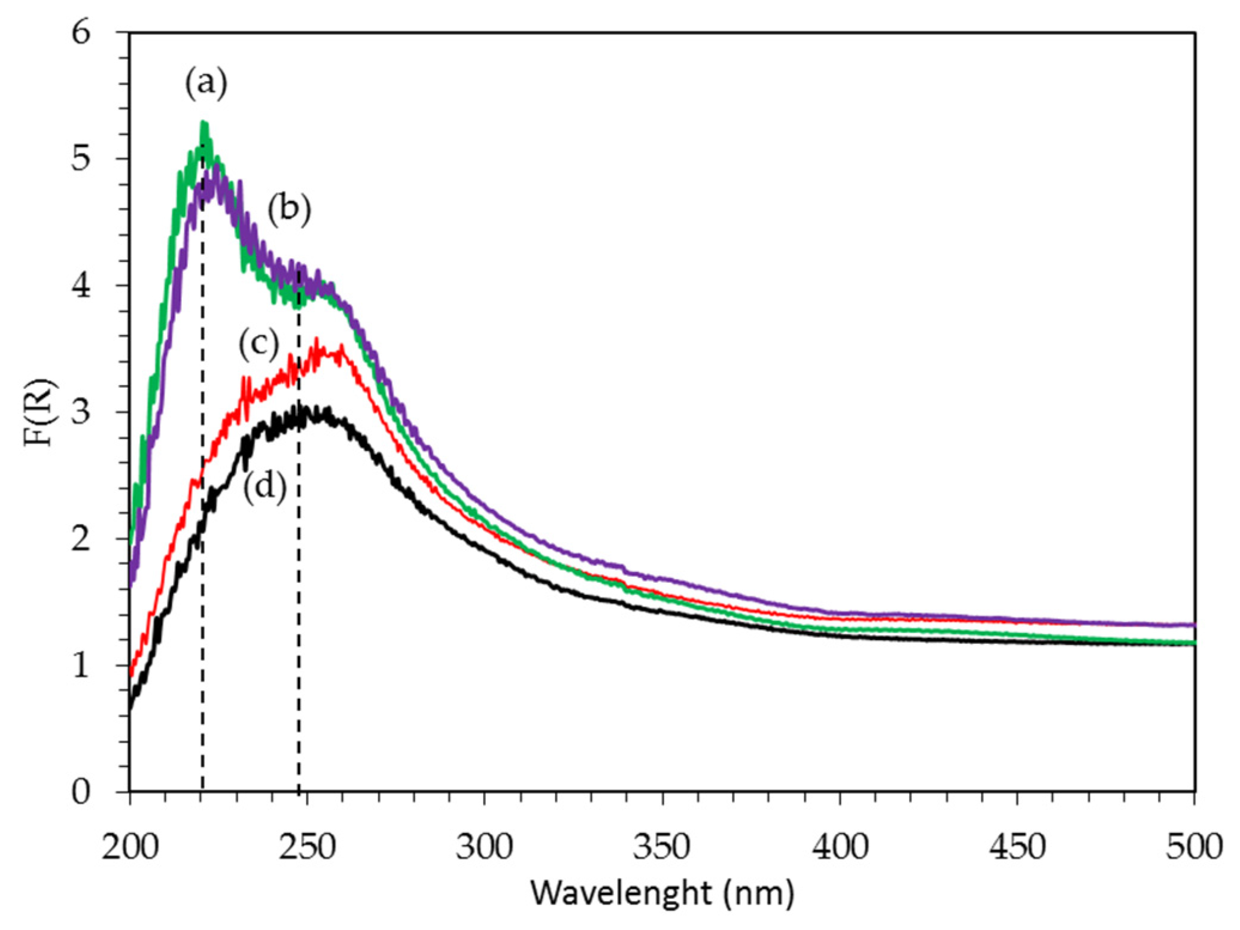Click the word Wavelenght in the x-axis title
[x=621, y=893]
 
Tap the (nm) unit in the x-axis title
[x=758, y=893]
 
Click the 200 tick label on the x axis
[x=130, y=847]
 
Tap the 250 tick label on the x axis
[x=307, y=847]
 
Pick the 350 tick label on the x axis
[x=662, y=847]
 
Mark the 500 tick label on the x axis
[x=1193, y=847]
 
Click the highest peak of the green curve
[x=204, y=123]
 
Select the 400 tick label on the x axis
[x=839, y=847]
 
